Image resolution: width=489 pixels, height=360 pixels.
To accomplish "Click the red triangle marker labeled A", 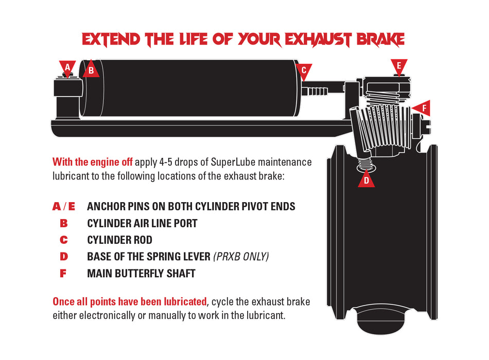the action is click(67, 68).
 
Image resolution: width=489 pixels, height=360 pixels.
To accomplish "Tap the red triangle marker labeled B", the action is click(91, 69).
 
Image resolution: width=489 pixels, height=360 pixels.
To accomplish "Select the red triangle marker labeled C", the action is click(304, 71).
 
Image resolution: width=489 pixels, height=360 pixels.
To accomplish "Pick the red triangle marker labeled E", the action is click(399, 66).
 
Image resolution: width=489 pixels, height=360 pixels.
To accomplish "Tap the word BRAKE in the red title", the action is click(380, 40).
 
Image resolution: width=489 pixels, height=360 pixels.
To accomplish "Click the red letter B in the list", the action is click(64, 223).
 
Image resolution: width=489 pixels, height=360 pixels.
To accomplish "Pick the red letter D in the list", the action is click(64, 257).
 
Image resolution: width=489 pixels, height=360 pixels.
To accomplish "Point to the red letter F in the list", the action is click(63, 274).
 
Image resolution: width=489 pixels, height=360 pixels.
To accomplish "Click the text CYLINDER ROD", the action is click(120, 240).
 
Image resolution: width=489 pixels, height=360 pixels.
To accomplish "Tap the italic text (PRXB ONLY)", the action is click(241, 257).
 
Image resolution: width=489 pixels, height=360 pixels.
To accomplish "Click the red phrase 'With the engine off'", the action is click(93, 162).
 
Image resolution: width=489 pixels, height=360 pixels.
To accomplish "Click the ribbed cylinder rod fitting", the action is click(315, 92).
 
